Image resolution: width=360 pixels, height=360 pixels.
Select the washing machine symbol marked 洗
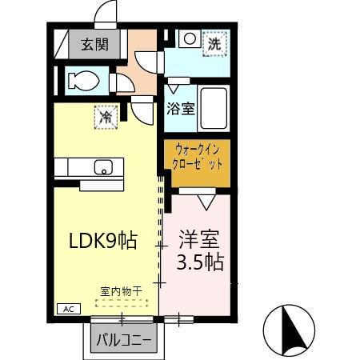[x=214, y=45]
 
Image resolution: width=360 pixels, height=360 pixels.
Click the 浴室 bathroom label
[x=180, y=108]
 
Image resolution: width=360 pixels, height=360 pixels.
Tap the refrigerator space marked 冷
[x=106, y=117]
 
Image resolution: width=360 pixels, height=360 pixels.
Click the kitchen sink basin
[x=102, y=167]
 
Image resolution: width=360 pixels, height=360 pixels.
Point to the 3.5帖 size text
[x=200, y=261]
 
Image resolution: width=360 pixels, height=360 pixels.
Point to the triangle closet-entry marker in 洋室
[x=206, y=202]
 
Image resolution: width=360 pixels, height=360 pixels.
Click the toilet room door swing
[x=124, y=83]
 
